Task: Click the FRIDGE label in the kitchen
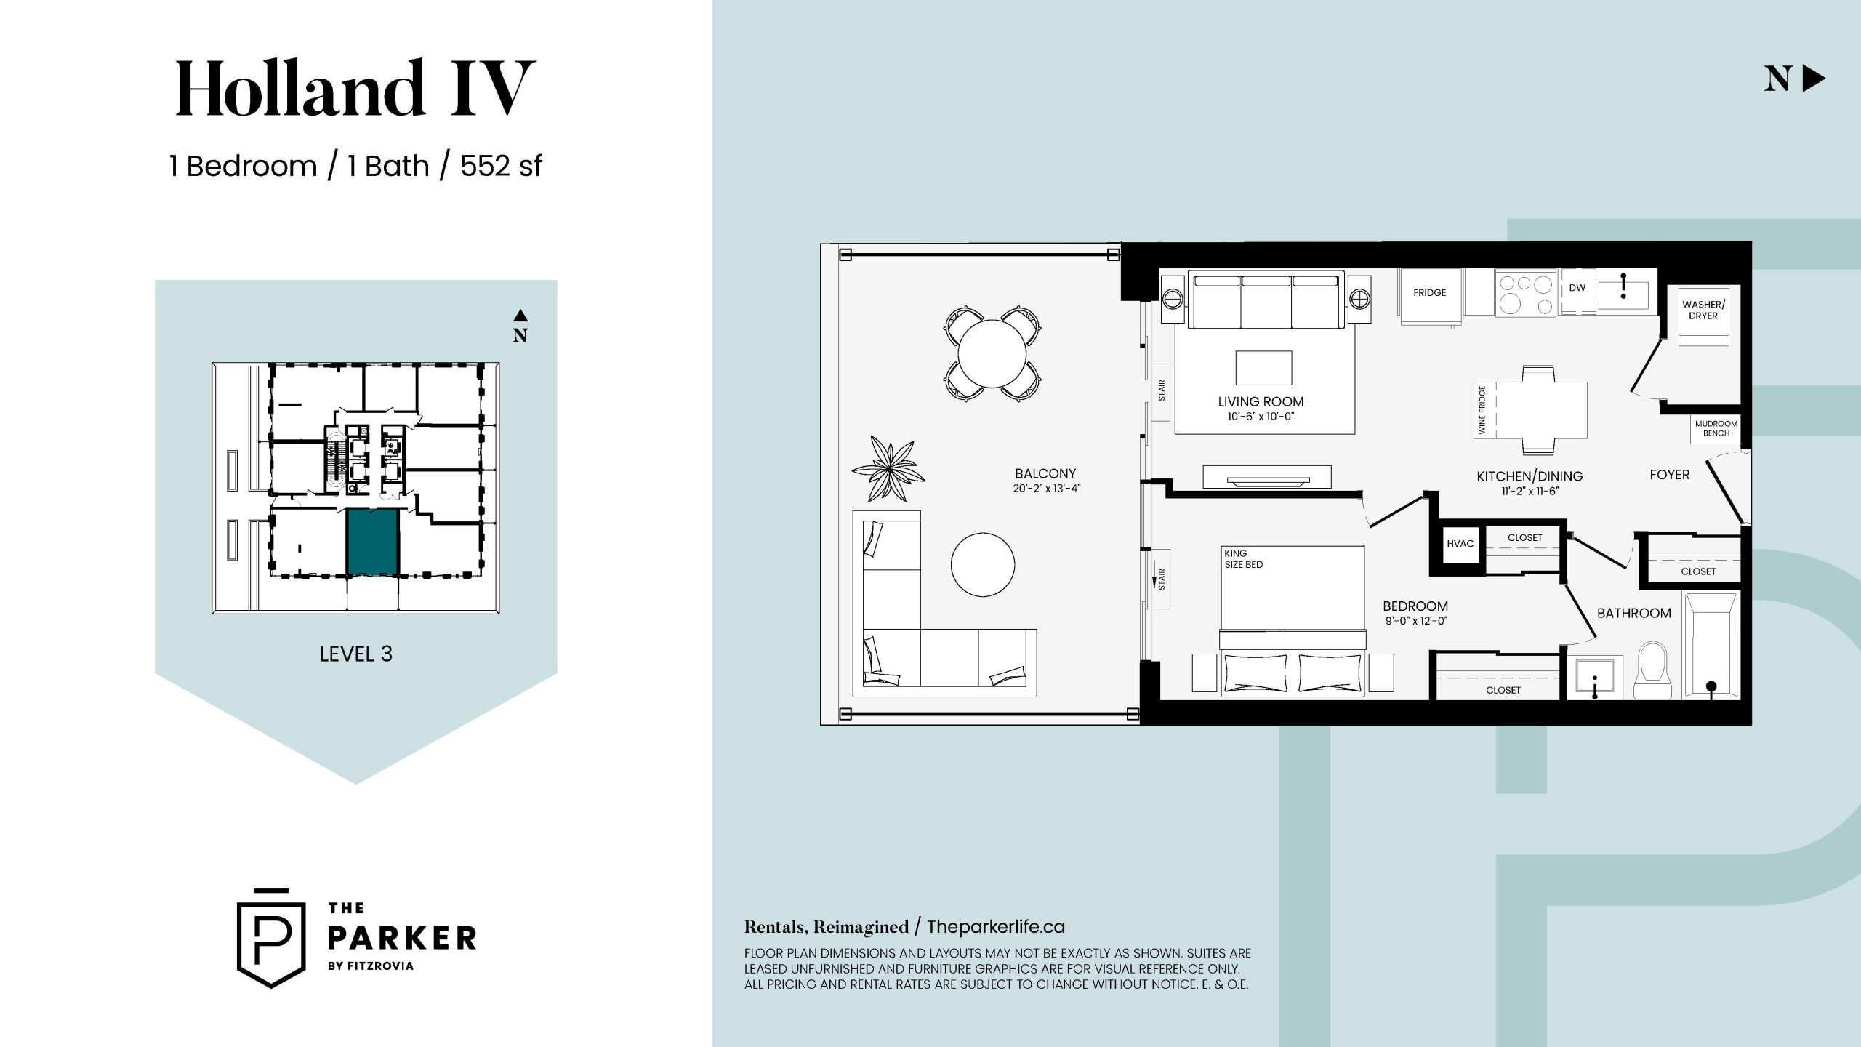[x=1429, y=293]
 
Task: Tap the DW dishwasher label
[x=1577, y=288]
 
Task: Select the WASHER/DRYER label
[x=1703, y=310]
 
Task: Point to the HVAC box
[x=1460, y=544]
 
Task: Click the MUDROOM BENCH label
[x=1716, y=428]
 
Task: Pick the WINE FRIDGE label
[x=1482, y=410]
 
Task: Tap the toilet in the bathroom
[x=1653, y=670]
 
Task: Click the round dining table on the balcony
[x=992, y=355]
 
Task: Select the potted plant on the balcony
[x=888, y=469]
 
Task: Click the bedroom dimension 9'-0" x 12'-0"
[x=1416, y=621]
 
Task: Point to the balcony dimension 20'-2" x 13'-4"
[x=1047, y=489]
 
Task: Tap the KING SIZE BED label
[x=1243, y=558]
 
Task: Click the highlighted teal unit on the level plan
[x=372, y=542]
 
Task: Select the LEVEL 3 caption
[x=355, y=654]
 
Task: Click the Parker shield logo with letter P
[x=271, y=939]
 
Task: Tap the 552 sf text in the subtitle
[x=501, y=166]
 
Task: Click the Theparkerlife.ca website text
[x=996, y=927]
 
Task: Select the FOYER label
[x=1670, y=475]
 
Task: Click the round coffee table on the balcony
[x=983, y=564]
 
